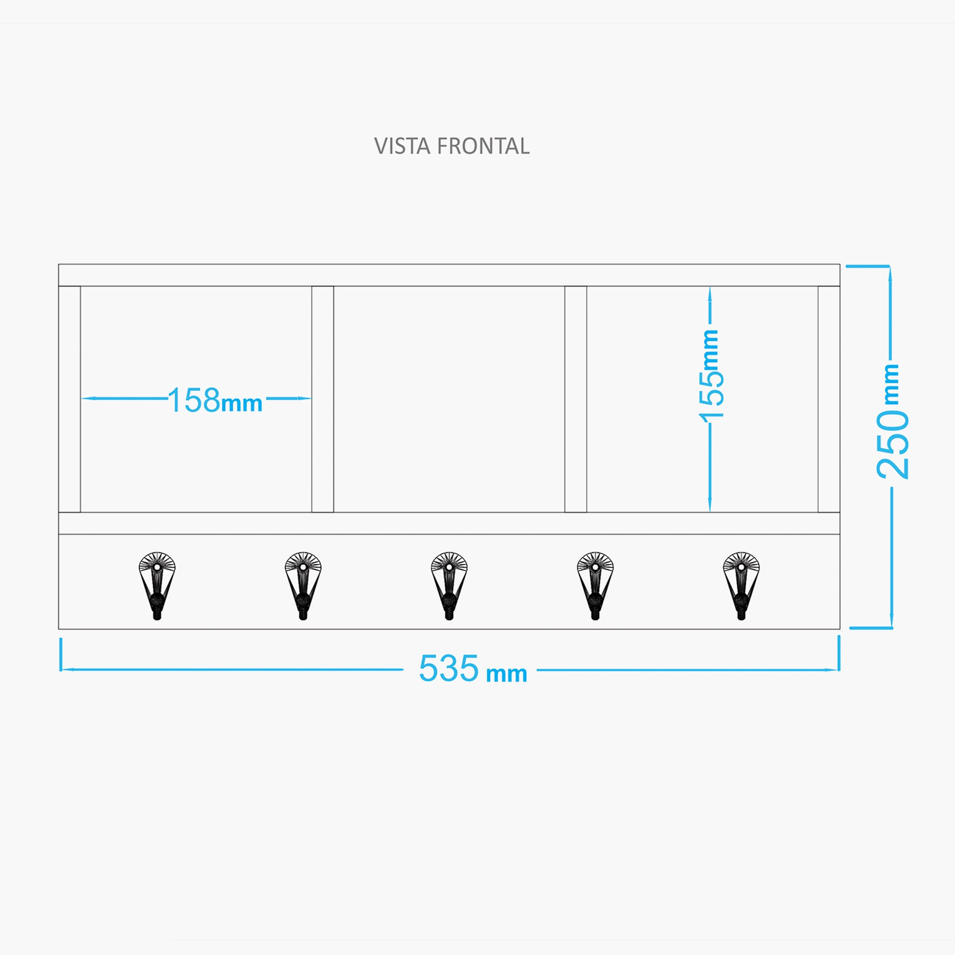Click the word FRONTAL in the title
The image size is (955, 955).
point(483,146)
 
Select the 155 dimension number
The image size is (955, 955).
point(712,397)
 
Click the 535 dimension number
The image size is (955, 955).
point(449,668)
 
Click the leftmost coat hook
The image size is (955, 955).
point(157,586)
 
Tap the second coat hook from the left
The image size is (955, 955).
point(303,586)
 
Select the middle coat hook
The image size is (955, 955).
point(449,586)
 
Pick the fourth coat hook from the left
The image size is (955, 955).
point(595,586)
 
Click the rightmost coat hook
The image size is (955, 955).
point(741,586)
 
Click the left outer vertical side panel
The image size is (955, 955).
point(69,399)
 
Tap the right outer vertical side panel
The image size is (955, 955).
point(829,399)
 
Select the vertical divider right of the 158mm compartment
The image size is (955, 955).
point(323,399)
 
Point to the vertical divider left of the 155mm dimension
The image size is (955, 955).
point(576,399)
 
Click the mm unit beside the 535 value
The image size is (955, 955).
point(507,674)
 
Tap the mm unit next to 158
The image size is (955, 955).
point(242,404)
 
